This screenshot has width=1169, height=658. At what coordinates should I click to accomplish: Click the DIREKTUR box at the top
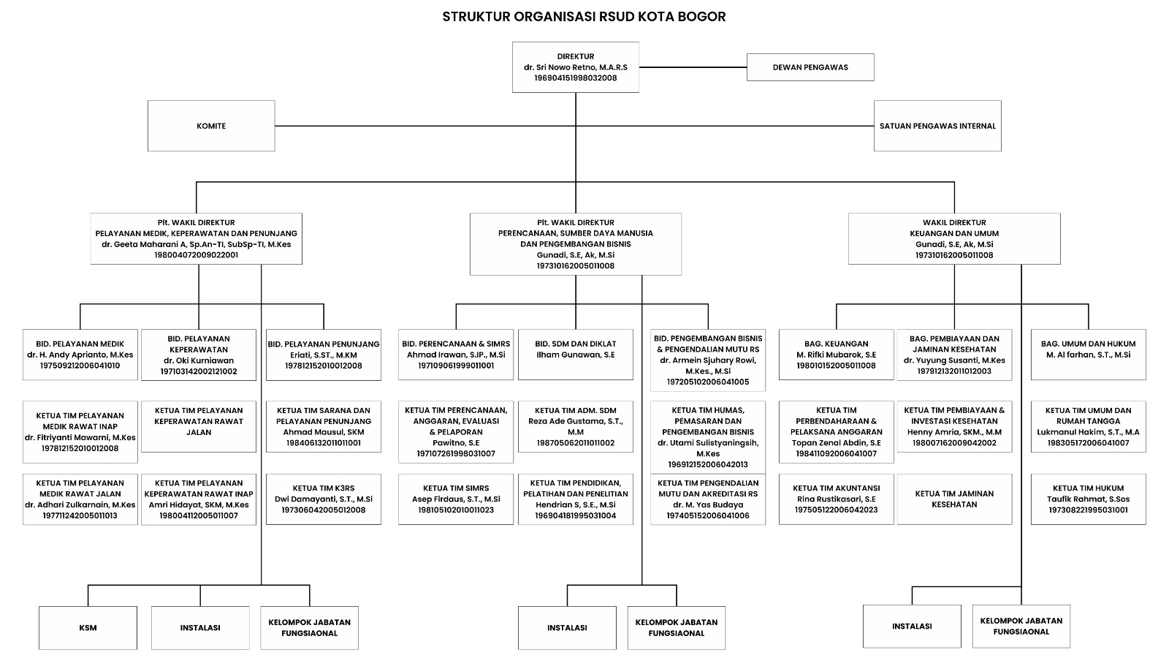point(575,67)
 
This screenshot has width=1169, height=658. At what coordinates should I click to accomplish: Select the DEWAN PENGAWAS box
point(810,67)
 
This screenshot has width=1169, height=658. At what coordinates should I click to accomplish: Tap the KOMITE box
point(211,126)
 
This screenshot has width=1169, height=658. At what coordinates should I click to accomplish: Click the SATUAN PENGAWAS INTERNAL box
point(937,126)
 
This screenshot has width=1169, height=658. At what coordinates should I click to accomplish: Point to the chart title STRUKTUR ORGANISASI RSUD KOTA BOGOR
point(584,16)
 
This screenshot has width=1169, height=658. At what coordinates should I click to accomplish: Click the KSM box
point(88,627)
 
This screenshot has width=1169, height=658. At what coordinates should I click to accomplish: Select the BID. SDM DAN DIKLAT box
point(575,354)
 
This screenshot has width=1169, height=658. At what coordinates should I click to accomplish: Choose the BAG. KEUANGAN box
point(836,354)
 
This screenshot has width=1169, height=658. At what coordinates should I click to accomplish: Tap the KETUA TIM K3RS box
point(323,499)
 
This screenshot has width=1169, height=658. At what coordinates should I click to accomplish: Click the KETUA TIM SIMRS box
point(456,499)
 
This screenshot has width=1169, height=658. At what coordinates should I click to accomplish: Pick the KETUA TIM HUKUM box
point(1088,499)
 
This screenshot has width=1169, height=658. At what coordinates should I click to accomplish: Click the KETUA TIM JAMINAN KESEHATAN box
point(954,499)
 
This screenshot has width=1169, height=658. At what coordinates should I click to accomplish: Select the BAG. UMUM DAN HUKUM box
point(1088,354)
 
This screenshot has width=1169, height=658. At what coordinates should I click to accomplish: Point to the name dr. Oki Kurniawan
point(199,360)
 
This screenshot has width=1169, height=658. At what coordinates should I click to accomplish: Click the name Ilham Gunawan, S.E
point(575,355)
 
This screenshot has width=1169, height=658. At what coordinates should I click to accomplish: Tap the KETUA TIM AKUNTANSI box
point(836,499)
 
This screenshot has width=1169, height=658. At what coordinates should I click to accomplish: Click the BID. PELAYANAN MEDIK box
point(80,354)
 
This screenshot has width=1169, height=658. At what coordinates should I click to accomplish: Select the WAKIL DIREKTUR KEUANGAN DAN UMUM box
point(954,238)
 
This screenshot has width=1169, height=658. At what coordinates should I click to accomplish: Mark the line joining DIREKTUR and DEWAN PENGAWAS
point(692,67)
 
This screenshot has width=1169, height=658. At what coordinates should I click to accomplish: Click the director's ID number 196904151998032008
point(575,77)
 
